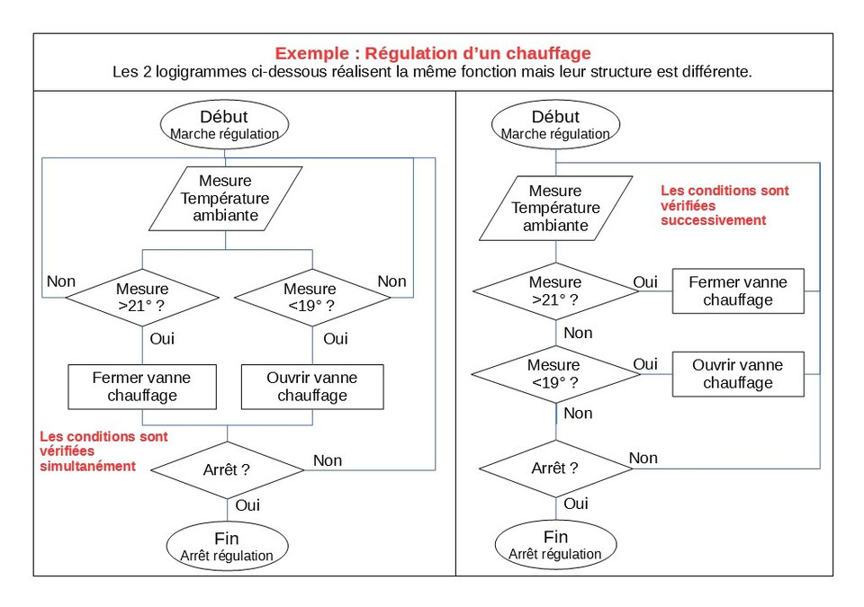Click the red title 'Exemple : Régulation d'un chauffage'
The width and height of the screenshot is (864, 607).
point(433,53)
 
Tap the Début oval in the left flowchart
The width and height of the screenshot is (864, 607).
point(225,124)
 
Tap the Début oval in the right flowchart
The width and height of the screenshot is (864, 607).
point(555,124)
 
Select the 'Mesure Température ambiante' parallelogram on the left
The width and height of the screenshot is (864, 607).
point(225,199)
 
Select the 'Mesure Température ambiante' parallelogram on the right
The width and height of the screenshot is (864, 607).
point(555,208)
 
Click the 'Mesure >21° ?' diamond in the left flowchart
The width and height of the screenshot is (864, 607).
point(142,298)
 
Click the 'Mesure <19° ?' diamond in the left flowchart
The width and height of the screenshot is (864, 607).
point(310,298)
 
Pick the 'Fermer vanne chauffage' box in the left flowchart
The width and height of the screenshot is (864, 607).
point(142,386)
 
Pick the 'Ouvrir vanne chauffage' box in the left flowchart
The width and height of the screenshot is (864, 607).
point(312,386)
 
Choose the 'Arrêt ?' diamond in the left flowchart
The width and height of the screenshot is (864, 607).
point(227,469)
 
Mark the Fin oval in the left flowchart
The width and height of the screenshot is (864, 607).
point(227,546)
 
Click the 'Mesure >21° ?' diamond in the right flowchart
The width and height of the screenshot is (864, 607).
point(555,290)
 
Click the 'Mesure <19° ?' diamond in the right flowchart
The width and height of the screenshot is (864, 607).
point(555,373)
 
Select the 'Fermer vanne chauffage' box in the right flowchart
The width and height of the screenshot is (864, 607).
point(738,290)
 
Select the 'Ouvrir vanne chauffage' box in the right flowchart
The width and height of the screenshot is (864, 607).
point(738,373)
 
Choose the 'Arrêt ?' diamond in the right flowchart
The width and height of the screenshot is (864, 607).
point(555,468)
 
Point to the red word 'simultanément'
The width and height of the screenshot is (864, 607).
point(88,466)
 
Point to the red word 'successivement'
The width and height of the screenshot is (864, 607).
point(713,219)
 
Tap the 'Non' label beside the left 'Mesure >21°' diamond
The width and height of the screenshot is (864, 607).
point(61,281)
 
